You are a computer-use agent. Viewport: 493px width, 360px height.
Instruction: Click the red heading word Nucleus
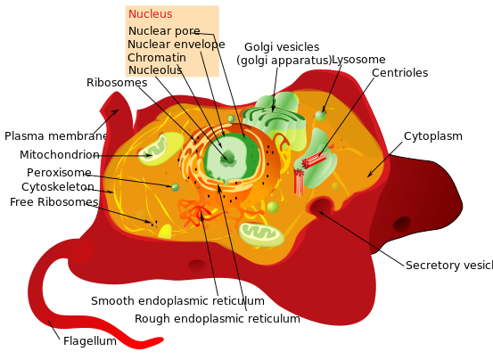[x=150, y=14]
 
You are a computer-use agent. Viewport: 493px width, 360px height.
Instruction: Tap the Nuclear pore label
[x=163, y=31]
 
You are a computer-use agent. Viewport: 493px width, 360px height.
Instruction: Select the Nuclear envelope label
[x=176, y=45]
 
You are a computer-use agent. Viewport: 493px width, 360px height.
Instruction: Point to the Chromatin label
[x=157, y=58]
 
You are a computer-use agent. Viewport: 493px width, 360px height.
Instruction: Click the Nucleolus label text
[x=156, y=70]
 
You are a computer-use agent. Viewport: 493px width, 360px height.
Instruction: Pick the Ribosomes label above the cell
[x=117, y=83]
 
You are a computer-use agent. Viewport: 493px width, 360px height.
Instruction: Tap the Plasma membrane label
[x=55, y=136]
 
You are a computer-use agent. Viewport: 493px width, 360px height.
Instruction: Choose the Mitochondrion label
[x=59, y=154]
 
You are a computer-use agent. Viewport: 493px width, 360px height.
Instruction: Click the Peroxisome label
[x=59, y=172]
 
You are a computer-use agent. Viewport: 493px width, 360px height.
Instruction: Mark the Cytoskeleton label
[x=58, y=187]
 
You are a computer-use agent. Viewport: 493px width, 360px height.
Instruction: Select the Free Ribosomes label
[x=53, y=202]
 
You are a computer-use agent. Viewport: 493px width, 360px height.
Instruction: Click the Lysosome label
[x=358, y=60]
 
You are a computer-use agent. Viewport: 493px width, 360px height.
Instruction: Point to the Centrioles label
[x=399, y=73]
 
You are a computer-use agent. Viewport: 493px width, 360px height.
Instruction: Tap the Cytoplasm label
[x=433, y=136]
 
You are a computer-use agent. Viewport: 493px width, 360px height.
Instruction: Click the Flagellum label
[x=89, y=340]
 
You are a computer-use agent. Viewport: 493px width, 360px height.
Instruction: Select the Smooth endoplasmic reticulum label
[x=177, y=301]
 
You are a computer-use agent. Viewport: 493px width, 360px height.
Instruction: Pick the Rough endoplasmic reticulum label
[x=217, y=318]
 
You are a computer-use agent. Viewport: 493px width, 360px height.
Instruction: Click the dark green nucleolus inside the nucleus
[x=228, y=158]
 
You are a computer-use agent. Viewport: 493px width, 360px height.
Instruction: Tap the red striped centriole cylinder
[x=314, y=161]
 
